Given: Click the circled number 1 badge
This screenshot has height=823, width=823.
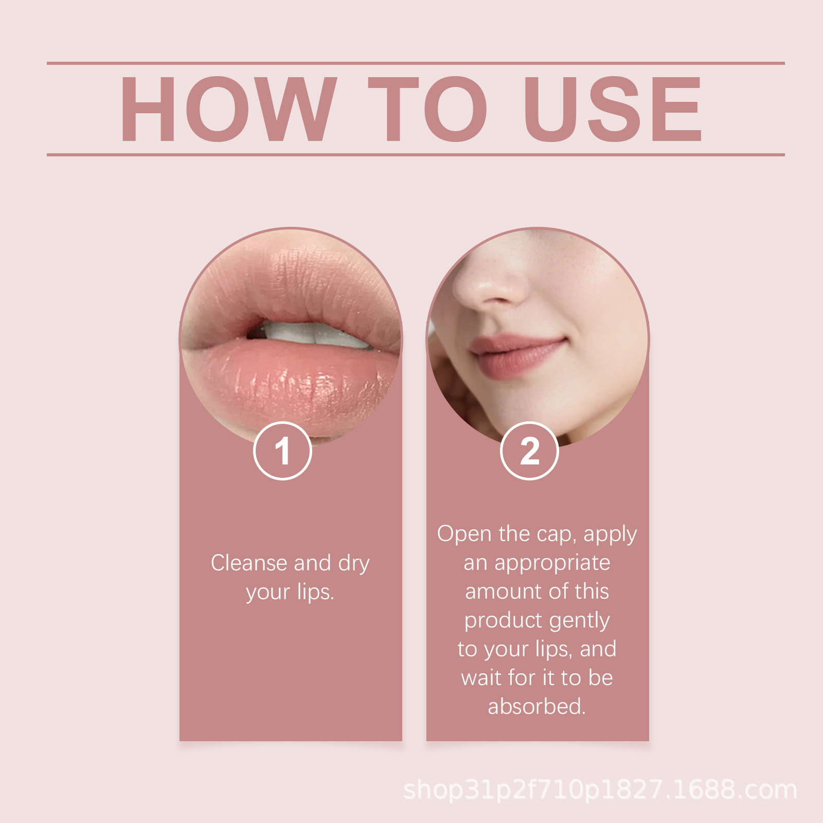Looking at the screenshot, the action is (x=282, y=451).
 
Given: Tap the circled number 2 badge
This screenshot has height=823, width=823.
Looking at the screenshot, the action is (x=529, y=451).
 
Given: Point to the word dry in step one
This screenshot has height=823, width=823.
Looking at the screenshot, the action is (x=354, y=564).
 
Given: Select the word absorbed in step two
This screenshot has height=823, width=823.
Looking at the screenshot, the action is (x=537, y=706).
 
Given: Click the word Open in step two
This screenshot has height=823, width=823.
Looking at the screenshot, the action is (x=464, y=534).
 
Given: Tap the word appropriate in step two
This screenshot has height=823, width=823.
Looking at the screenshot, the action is (x=552, y=564).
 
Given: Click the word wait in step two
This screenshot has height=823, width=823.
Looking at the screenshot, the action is (x=481, y=677).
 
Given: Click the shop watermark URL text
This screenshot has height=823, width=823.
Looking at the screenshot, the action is (x=600, y=790).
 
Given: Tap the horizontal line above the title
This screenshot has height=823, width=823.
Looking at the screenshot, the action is (x=416, y=63).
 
